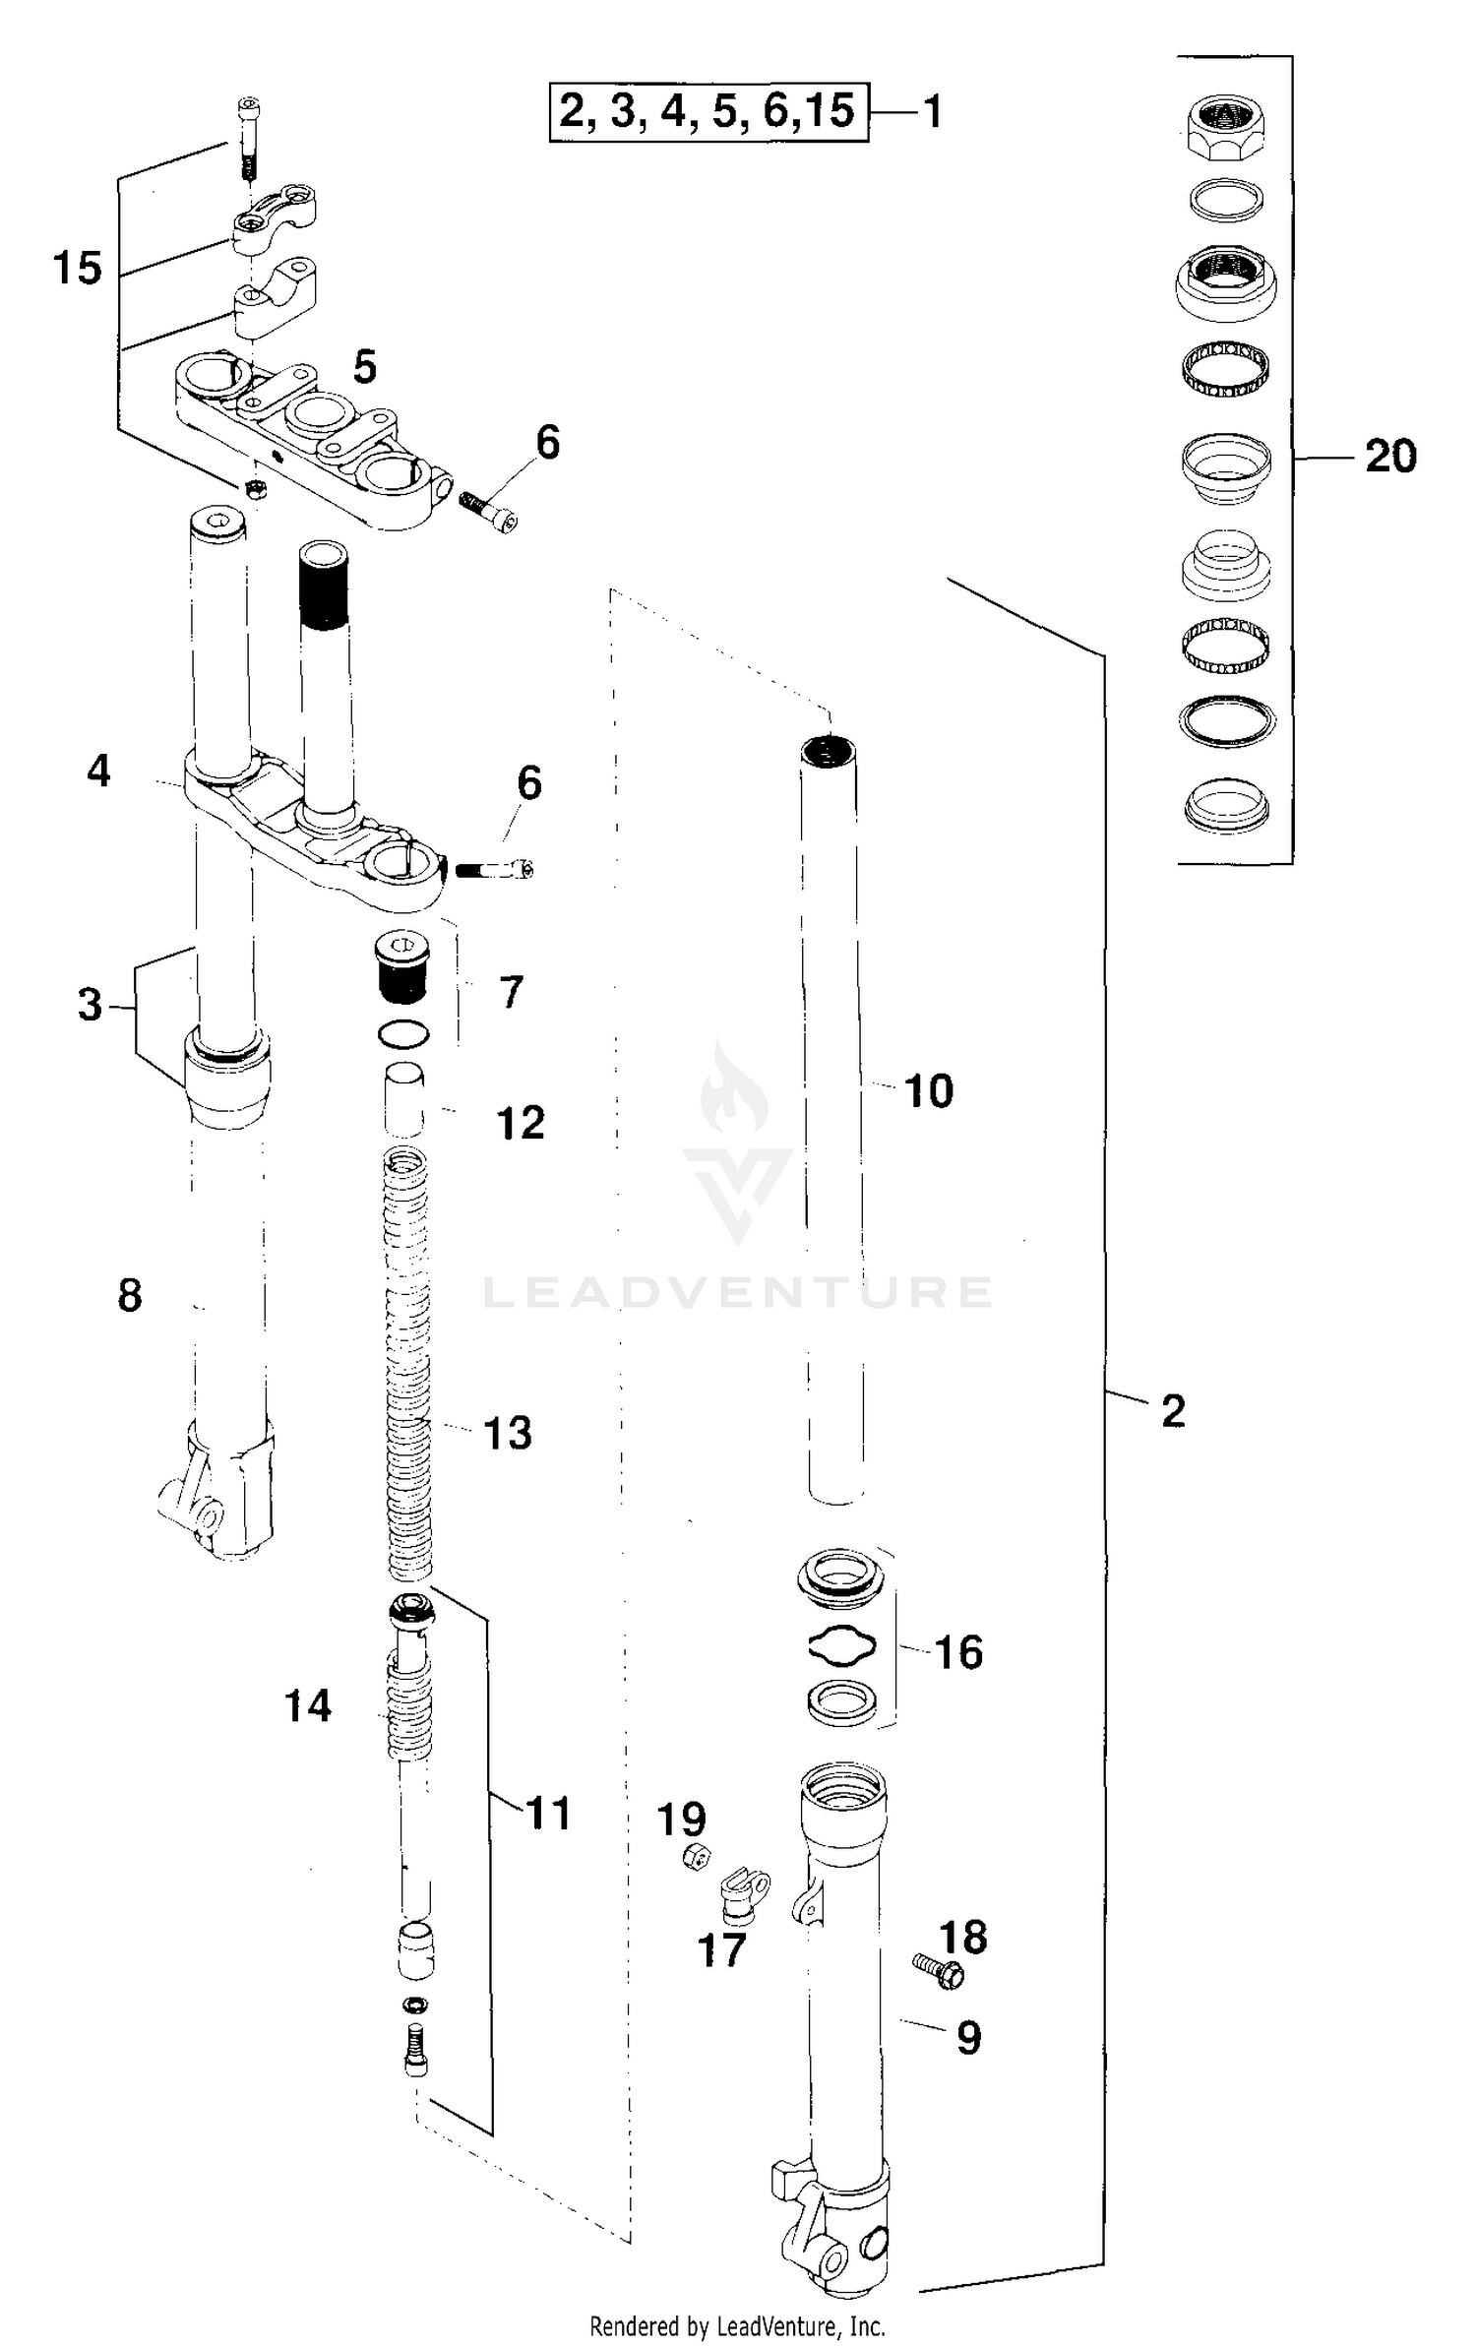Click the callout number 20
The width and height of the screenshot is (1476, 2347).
coord(1389,457)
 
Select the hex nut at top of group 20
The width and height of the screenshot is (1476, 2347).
coord(1225,129)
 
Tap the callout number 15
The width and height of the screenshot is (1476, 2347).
coord(77,268)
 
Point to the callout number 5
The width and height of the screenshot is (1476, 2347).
coord(364,367)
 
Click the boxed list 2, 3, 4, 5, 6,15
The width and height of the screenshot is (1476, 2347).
coord(707,112)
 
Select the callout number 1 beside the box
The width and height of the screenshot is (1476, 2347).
coord(932,112)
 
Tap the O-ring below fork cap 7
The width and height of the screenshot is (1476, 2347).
coord(402,1034)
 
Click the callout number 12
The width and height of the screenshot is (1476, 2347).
coord(520,1123)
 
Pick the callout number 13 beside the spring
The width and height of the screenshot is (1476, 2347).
coord(508,1434)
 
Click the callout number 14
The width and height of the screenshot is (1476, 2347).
coord(307,1706)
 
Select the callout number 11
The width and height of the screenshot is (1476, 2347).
coord(548,1813)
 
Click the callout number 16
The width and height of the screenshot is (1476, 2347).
coord(957,1652)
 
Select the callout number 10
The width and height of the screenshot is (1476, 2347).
coord(928,1091)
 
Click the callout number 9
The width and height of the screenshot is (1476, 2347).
coord(968,2037)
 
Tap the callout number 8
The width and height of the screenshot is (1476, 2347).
coord(129,1295)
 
